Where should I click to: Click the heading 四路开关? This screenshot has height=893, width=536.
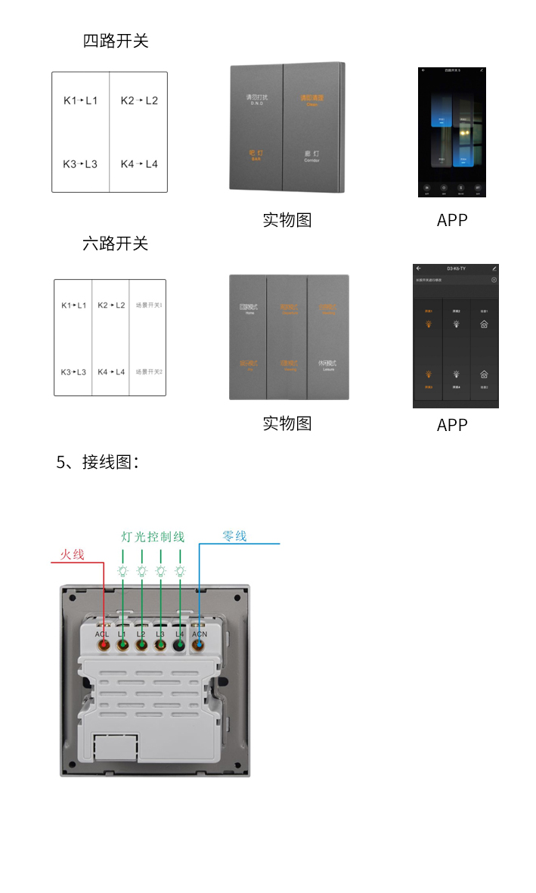coord(116,41)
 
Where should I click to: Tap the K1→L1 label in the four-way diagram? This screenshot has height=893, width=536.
coord(80,101)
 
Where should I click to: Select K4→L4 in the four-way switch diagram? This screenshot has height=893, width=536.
coord(139,164)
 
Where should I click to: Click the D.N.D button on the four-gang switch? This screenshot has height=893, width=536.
coord(256,99)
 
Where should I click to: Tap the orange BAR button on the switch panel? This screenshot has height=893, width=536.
coord(256,155)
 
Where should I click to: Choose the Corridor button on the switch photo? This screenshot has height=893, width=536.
coord(312,156)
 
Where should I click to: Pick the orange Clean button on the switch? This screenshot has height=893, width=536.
coord(312,99)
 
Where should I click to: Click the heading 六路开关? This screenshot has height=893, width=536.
coord(116,243)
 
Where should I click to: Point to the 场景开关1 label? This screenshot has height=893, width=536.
coord(149,305)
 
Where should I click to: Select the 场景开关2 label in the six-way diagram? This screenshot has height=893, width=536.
coord(149,372)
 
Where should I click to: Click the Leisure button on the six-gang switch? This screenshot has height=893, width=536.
coord(328,365)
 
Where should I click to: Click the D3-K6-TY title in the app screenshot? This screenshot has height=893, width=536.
coord(457,268)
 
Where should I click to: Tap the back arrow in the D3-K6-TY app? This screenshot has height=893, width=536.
coord(418,268)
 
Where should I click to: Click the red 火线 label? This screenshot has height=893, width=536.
coord(72,555)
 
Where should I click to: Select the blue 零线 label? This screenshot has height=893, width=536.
coord(234,536)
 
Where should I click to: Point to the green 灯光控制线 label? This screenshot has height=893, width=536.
coord(153,537)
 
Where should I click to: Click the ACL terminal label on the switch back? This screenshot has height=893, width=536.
coord(103,634)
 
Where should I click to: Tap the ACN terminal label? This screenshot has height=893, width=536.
coord(200,634)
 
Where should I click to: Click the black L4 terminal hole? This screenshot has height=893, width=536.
coord(180,646)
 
